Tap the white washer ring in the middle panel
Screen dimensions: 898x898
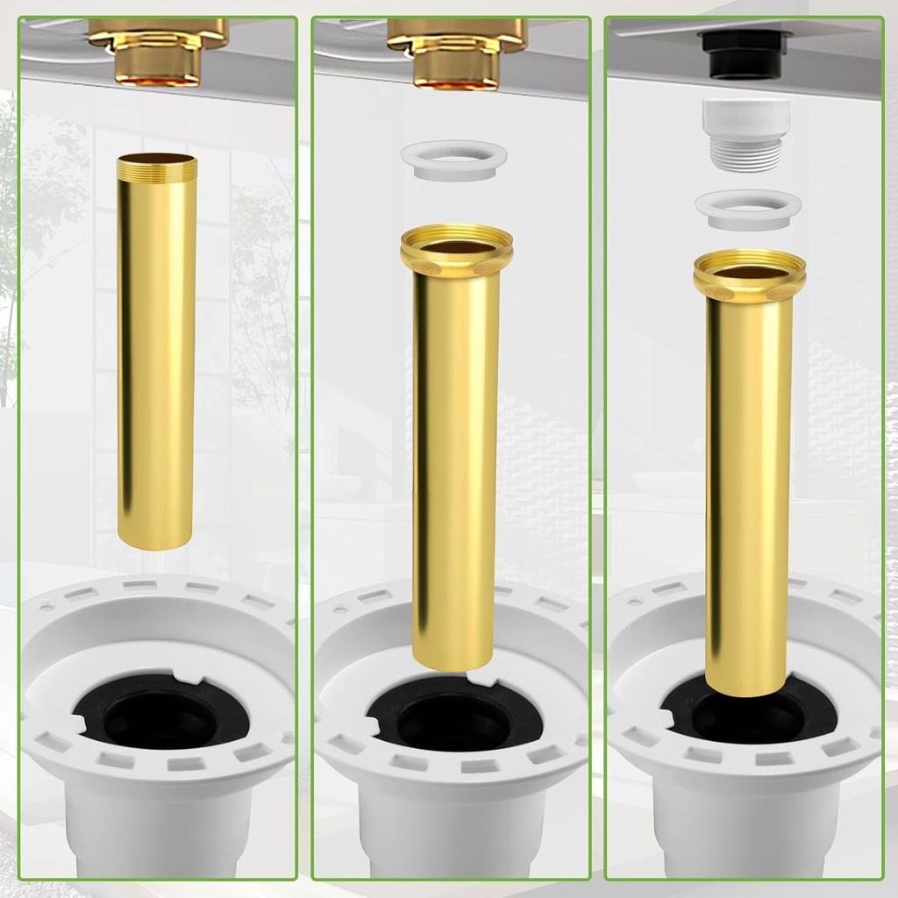pos(454,161)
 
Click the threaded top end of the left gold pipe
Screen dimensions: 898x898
pos(157,163)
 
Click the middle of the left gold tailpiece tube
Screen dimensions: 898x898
pos(157,351)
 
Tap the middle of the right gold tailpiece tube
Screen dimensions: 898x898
pos(748,491)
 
